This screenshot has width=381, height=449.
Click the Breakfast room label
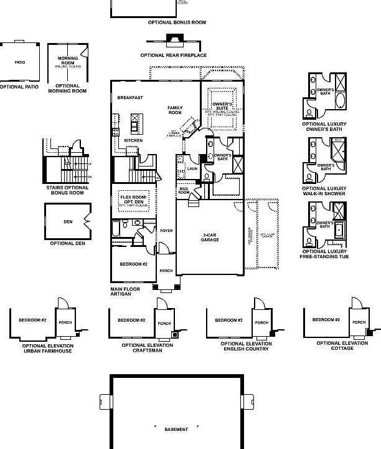[130, 97]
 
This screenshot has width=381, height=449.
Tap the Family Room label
[175, 110]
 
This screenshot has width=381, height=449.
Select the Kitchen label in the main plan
[133, 140]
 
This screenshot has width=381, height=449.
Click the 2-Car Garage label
[210, 237]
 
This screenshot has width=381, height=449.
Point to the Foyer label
[166, 231]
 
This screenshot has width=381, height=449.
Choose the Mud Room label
[184, 190]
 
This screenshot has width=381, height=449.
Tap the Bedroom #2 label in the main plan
[133, 264]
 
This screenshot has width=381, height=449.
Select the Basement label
[176, 429]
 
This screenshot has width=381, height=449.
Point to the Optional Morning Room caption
[67, 88]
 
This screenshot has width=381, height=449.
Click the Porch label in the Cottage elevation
[359, 322]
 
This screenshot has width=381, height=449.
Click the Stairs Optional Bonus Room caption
[67, 190]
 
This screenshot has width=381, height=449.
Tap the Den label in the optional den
[67, 221]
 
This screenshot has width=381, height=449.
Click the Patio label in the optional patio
[19, 62]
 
